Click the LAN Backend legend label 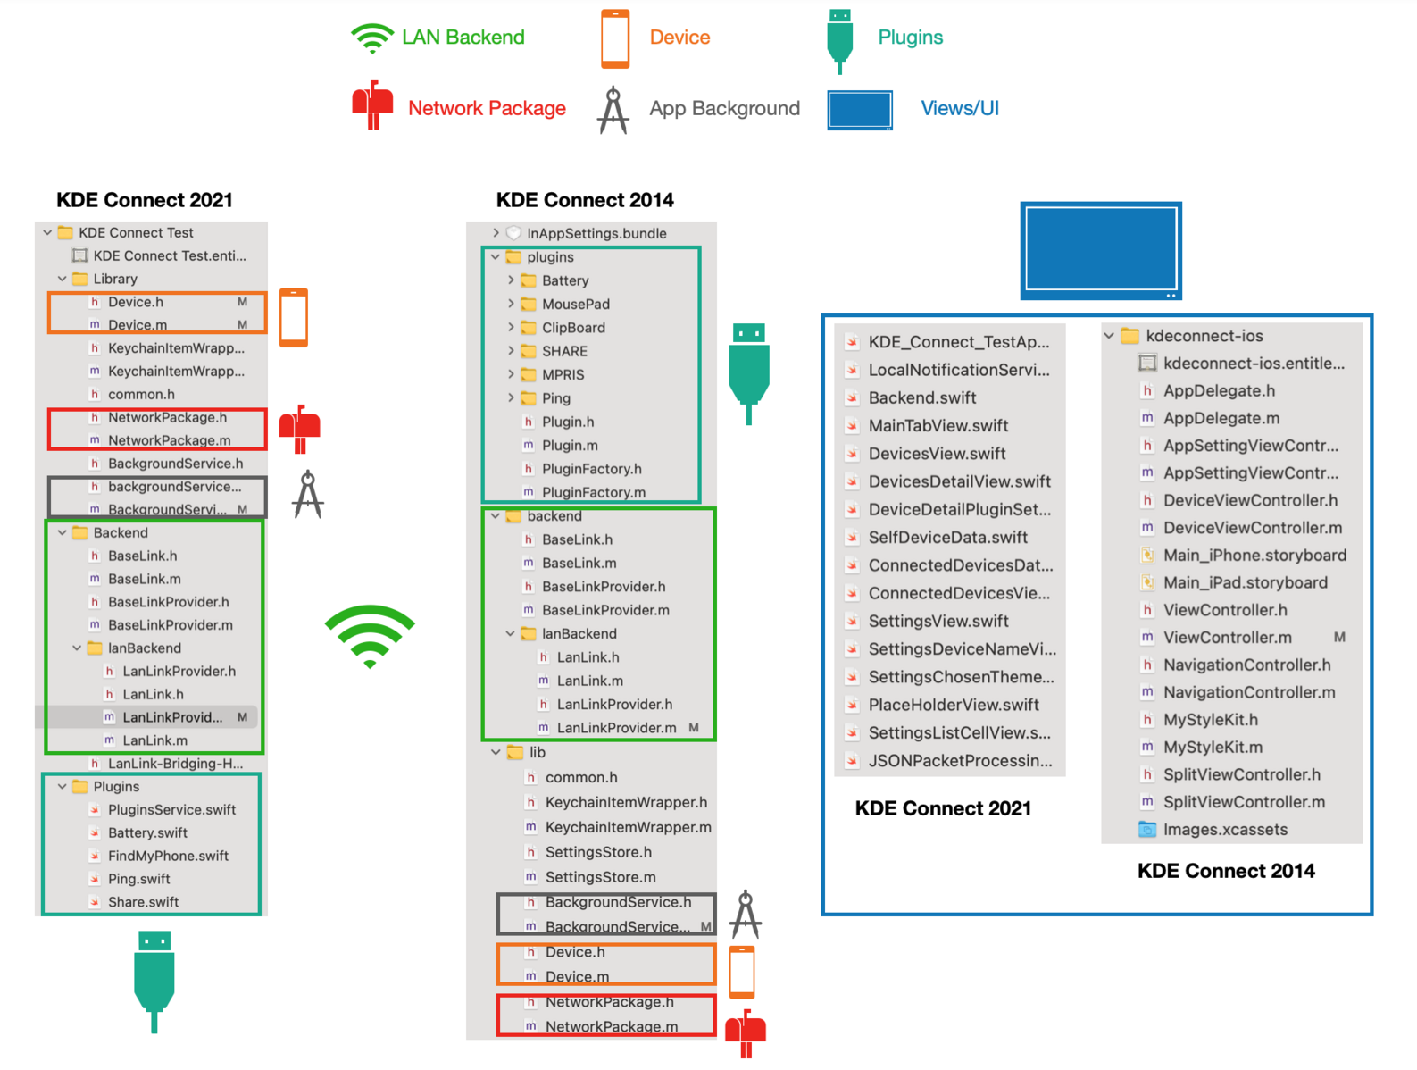pos(463,38)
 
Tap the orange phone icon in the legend pos(615,39)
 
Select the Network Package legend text pos(487,108)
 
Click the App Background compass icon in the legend pos(613,110)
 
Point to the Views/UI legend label pos(959,108)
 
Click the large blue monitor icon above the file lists pos(1101,250)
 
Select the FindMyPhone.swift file pos(168,856)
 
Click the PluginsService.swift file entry pos(171,809)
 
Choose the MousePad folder pos(575,304)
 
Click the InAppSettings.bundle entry pos(596,233)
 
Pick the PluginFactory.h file pos(591,469)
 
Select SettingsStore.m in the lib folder pos(600,877)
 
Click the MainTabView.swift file pos(938,426)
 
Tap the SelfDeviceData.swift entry pos(947,538)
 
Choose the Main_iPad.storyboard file pos(1245,582)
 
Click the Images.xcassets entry pos(1225,830)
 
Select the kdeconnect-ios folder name pos(1204,336)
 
